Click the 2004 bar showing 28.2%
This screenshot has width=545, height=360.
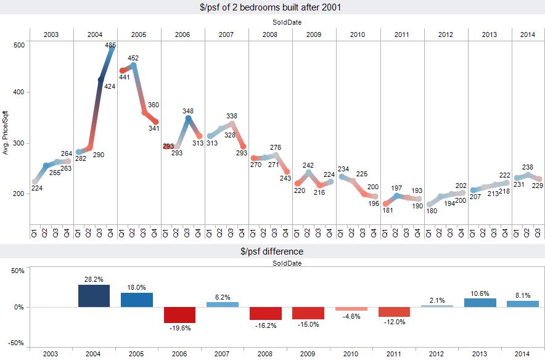click(x=94, y=296)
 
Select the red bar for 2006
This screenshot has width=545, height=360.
click(x=179, y=314)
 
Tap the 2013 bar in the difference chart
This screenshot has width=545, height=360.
click(x=484, y=303)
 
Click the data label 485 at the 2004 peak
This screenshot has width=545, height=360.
click(x=110, y=45)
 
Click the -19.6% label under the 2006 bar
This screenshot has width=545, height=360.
click(x=179, y=329)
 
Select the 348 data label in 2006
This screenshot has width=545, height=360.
click(x=188, y=111)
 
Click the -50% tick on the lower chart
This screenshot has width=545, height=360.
click(x=16, y=343)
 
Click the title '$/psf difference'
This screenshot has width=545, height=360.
click(x=272, y=252)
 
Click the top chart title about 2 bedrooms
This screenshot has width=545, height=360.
click(x=272, y=7)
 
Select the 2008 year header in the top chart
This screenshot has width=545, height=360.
click(x=270, y=34)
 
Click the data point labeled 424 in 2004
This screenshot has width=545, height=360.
click(x=101, y=80)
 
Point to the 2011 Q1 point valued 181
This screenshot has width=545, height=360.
click(x=387, y=203)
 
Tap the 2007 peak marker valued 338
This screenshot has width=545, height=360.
click(x=232, y=123)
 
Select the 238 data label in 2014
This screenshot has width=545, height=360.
click(x=527, y=167)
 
